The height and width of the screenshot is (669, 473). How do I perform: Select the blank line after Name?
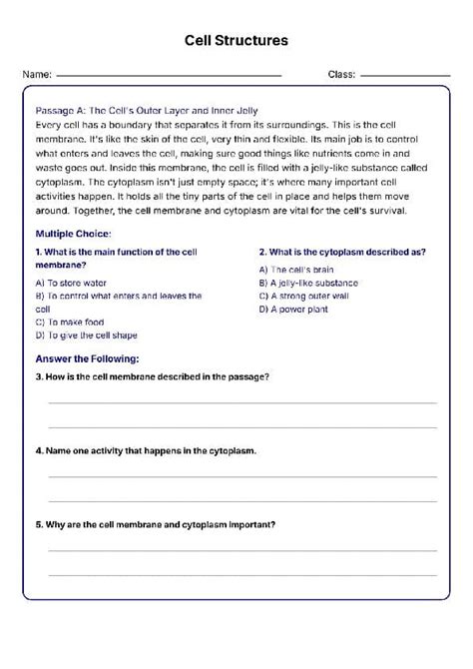(169, 76)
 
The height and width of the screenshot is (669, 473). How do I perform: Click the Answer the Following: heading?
(87, 357)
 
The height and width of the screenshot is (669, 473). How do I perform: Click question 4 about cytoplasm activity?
(146, 450)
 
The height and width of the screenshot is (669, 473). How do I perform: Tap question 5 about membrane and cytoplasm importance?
(156, 524)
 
